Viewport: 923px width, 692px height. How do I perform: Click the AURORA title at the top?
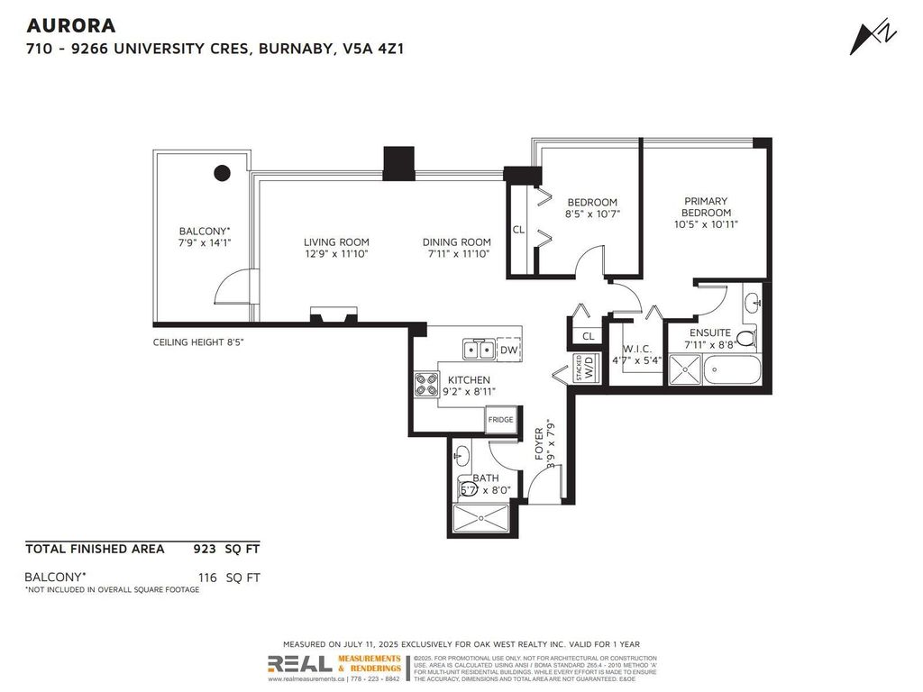pyautogui.click(x=70, y=26)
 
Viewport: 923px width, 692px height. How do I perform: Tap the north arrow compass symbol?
pyautogui.click(x=868, y=36)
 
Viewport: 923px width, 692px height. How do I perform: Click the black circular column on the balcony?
pyautogui.click(x=221, y=173)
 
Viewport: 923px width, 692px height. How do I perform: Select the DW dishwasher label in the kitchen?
pyautogui.click(x=508, y=351)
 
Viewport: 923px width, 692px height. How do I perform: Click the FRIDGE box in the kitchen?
pyautogui.click(x=500, y=420)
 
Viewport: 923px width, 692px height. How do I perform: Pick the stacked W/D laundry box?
pyautogui.click(x=586, y=369)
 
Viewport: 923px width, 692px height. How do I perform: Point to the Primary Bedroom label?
pyautogui.click(x=705, y=206)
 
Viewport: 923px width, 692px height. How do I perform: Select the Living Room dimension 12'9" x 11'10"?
pyautogui.click(x=335, y=254)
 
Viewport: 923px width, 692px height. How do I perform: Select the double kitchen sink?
pyautogui.click(x=478, y=350)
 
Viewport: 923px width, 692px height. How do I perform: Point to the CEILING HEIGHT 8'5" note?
pyautogui.click(x=198, y=342)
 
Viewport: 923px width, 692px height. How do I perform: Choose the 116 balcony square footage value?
pyautogui.click(x=209, y=577)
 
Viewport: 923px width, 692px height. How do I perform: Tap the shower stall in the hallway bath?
pyautogui.click(x=482, y=518)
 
